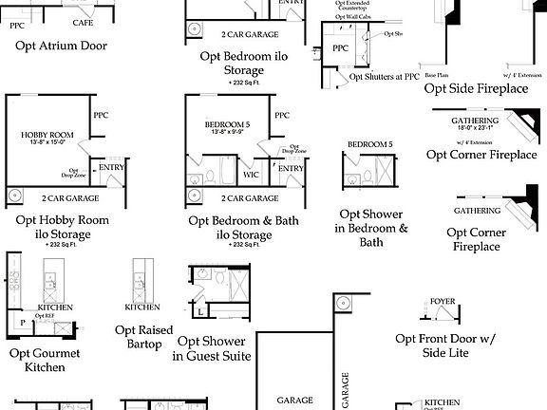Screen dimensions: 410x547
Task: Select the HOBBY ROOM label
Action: [x=47, y=136]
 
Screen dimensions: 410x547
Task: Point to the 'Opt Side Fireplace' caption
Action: [x=476, y=88]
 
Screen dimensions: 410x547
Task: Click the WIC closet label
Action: [x=251, y=174]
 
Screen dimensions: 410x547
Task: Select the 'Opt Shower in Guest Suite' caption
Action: [x=211, y=348]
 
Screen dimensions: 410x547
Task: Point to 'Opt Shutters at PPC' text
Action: [x=385, y=77]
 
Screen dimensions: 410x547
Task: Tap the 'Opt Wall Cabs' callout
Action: [x=352, y=17]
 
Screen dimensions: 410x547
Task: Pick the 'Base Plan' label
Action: [x=437, y=74]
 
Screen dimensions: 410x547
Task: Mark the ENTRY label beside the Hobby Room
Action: [x=111, y=168]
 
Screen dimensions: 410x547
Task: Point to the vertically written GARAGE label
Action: [x=344, y=390]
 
